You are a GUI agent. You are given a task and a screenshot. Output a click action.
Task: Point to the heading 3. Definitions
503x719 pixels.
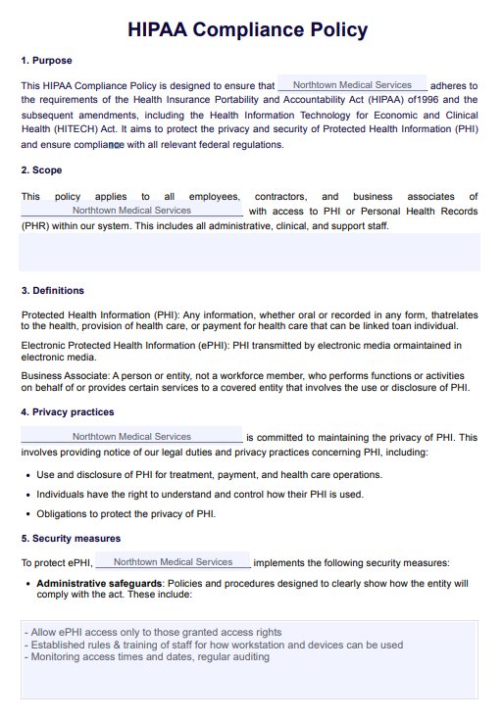point(53,290)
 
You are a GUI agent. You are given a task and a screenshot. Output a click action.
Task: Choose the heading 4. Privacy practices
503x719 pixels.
point(67,412)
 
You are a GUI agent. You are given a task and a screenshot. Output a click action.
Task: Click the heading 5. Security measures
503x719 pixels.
point(71,539)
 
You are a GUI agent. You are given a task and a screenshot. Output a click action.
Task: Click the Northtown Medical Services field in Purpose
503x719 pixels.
point(352,85)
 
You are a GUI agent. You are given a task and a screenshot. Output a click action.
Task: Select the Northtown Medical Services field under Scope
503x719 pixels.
point(131,210)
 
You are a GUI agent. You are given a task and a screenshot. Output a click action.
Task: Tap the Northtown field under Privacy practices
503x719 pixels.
point(131,436)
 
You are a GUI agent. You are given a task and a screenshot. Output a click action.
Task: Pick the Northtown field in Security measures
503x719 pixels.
point(173,562)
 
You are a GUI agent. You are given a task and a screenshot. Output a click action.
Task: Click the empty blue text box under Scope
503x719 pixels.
point(249,252)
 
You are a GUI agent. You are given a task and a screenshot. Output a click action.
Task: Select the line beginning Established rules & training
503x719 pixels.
point(214,645)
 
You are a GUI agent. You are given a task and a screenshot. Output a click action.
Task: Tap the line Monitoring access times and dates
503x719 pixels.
point(146,657)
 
